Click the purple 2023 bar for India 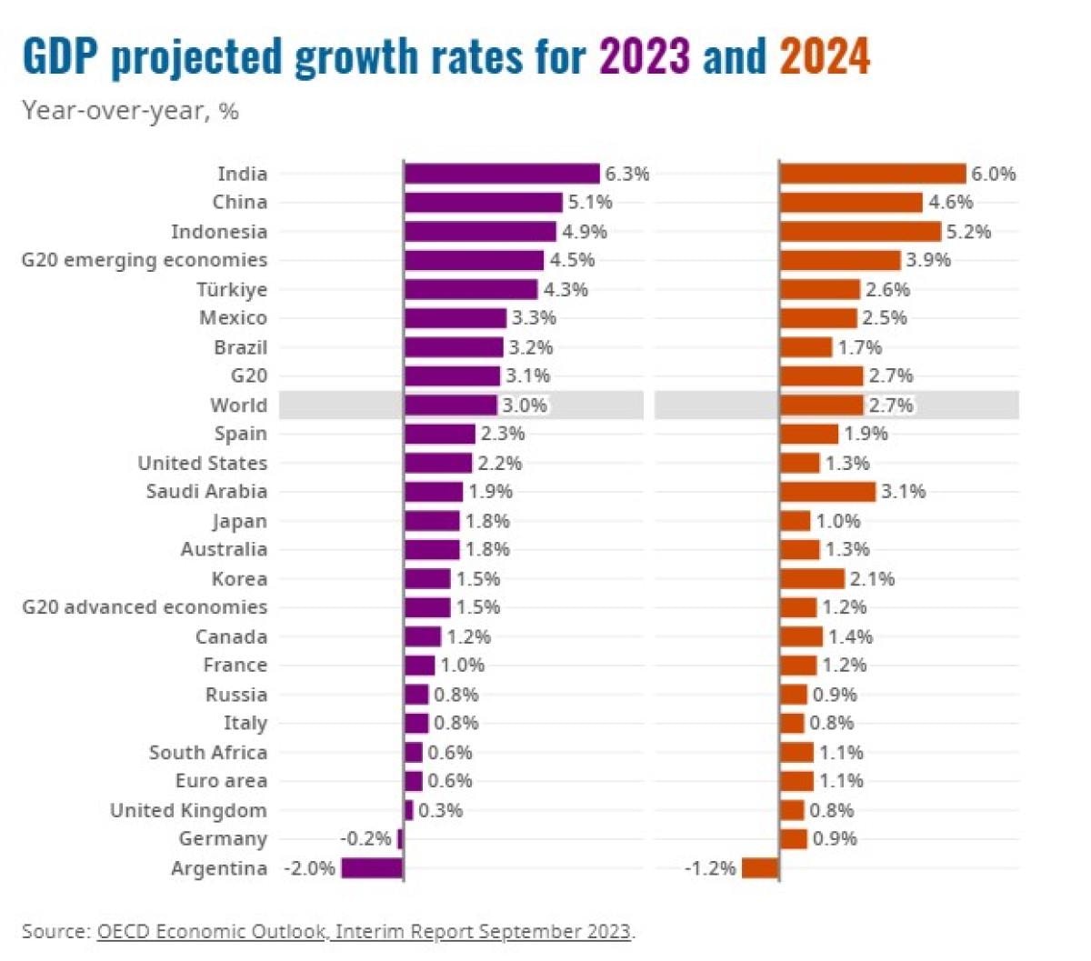coord(502,174)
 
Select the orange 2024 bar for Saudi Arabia coord(827,492)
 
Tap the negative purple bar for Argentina coord(372,868)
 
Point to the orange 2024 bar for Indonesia coord(860,232)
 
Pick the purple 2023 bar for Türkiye coord(471,290)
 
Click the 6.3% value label coord(627,174)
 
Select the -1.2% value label coord(710,868)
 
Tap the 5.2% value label coord(968,232)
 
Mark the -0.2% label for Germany coord(365,839)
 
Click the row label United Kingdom coord(188,810)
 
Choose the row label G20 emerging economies coord(145,260)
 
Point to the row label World coord(239,405)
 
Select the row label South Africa coord(208,753)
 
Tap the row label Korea coord(240,579)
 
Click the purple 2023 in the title coord(645,56)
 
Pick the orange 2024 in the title coord(825,56)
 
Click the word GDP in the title coord(60,56)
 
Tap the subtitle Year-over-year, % coord(130,111)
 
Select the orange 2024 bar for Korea coord(812,579)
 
